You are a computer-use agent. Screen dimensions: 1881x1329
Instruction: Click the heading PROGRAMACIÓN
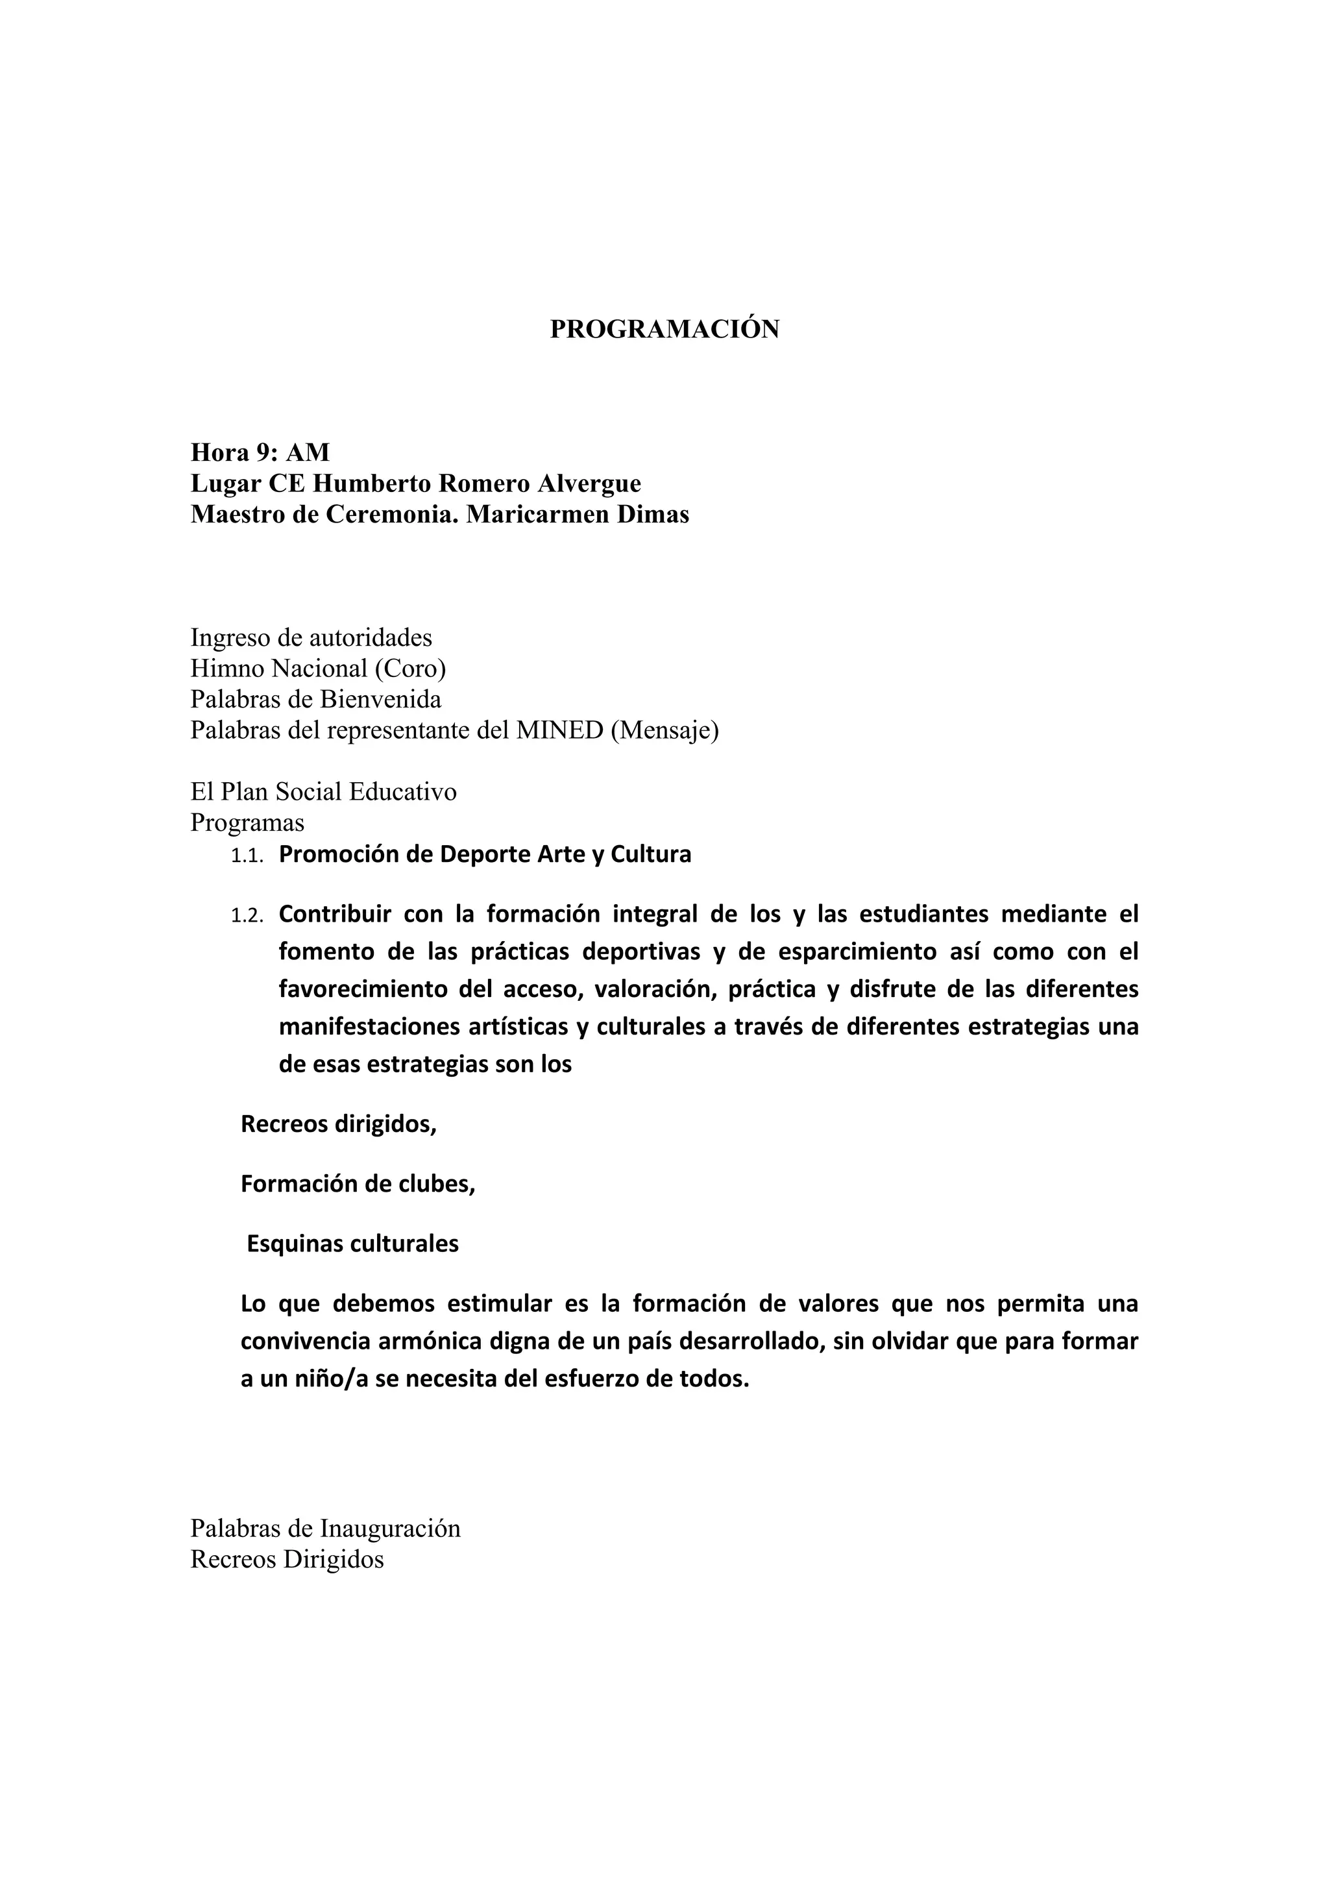(x=664, y=329)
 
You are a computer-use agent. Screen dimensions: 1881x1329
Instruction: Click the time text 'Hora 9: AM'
(x=260, y=452)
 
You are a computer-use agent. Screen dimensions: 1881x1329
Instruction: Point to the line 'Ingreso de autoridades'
(x=311, y=637)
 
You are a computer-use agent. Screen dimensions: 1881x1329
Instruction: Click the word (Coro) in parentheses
(x=410, y=669)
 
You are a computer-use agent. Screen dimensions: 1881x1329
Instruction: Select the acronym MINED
(x=559, y=730)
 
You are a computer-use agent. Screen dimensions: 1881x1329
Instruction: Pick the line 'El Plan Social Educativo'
(x=323, y=791)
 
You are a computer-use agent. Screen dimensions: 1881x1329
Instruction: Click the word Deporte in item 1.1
(x=485, y=854)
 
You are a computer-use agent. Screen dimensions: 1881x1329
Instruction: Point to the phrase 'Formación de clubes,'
(x=358, y=1185)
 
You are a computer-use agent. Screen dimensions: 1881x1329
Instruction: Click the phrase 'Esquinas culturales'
(x=353, y=1244)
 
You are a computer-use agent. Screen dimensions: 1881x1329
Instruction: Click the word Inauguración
(x=391, y=1529)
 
